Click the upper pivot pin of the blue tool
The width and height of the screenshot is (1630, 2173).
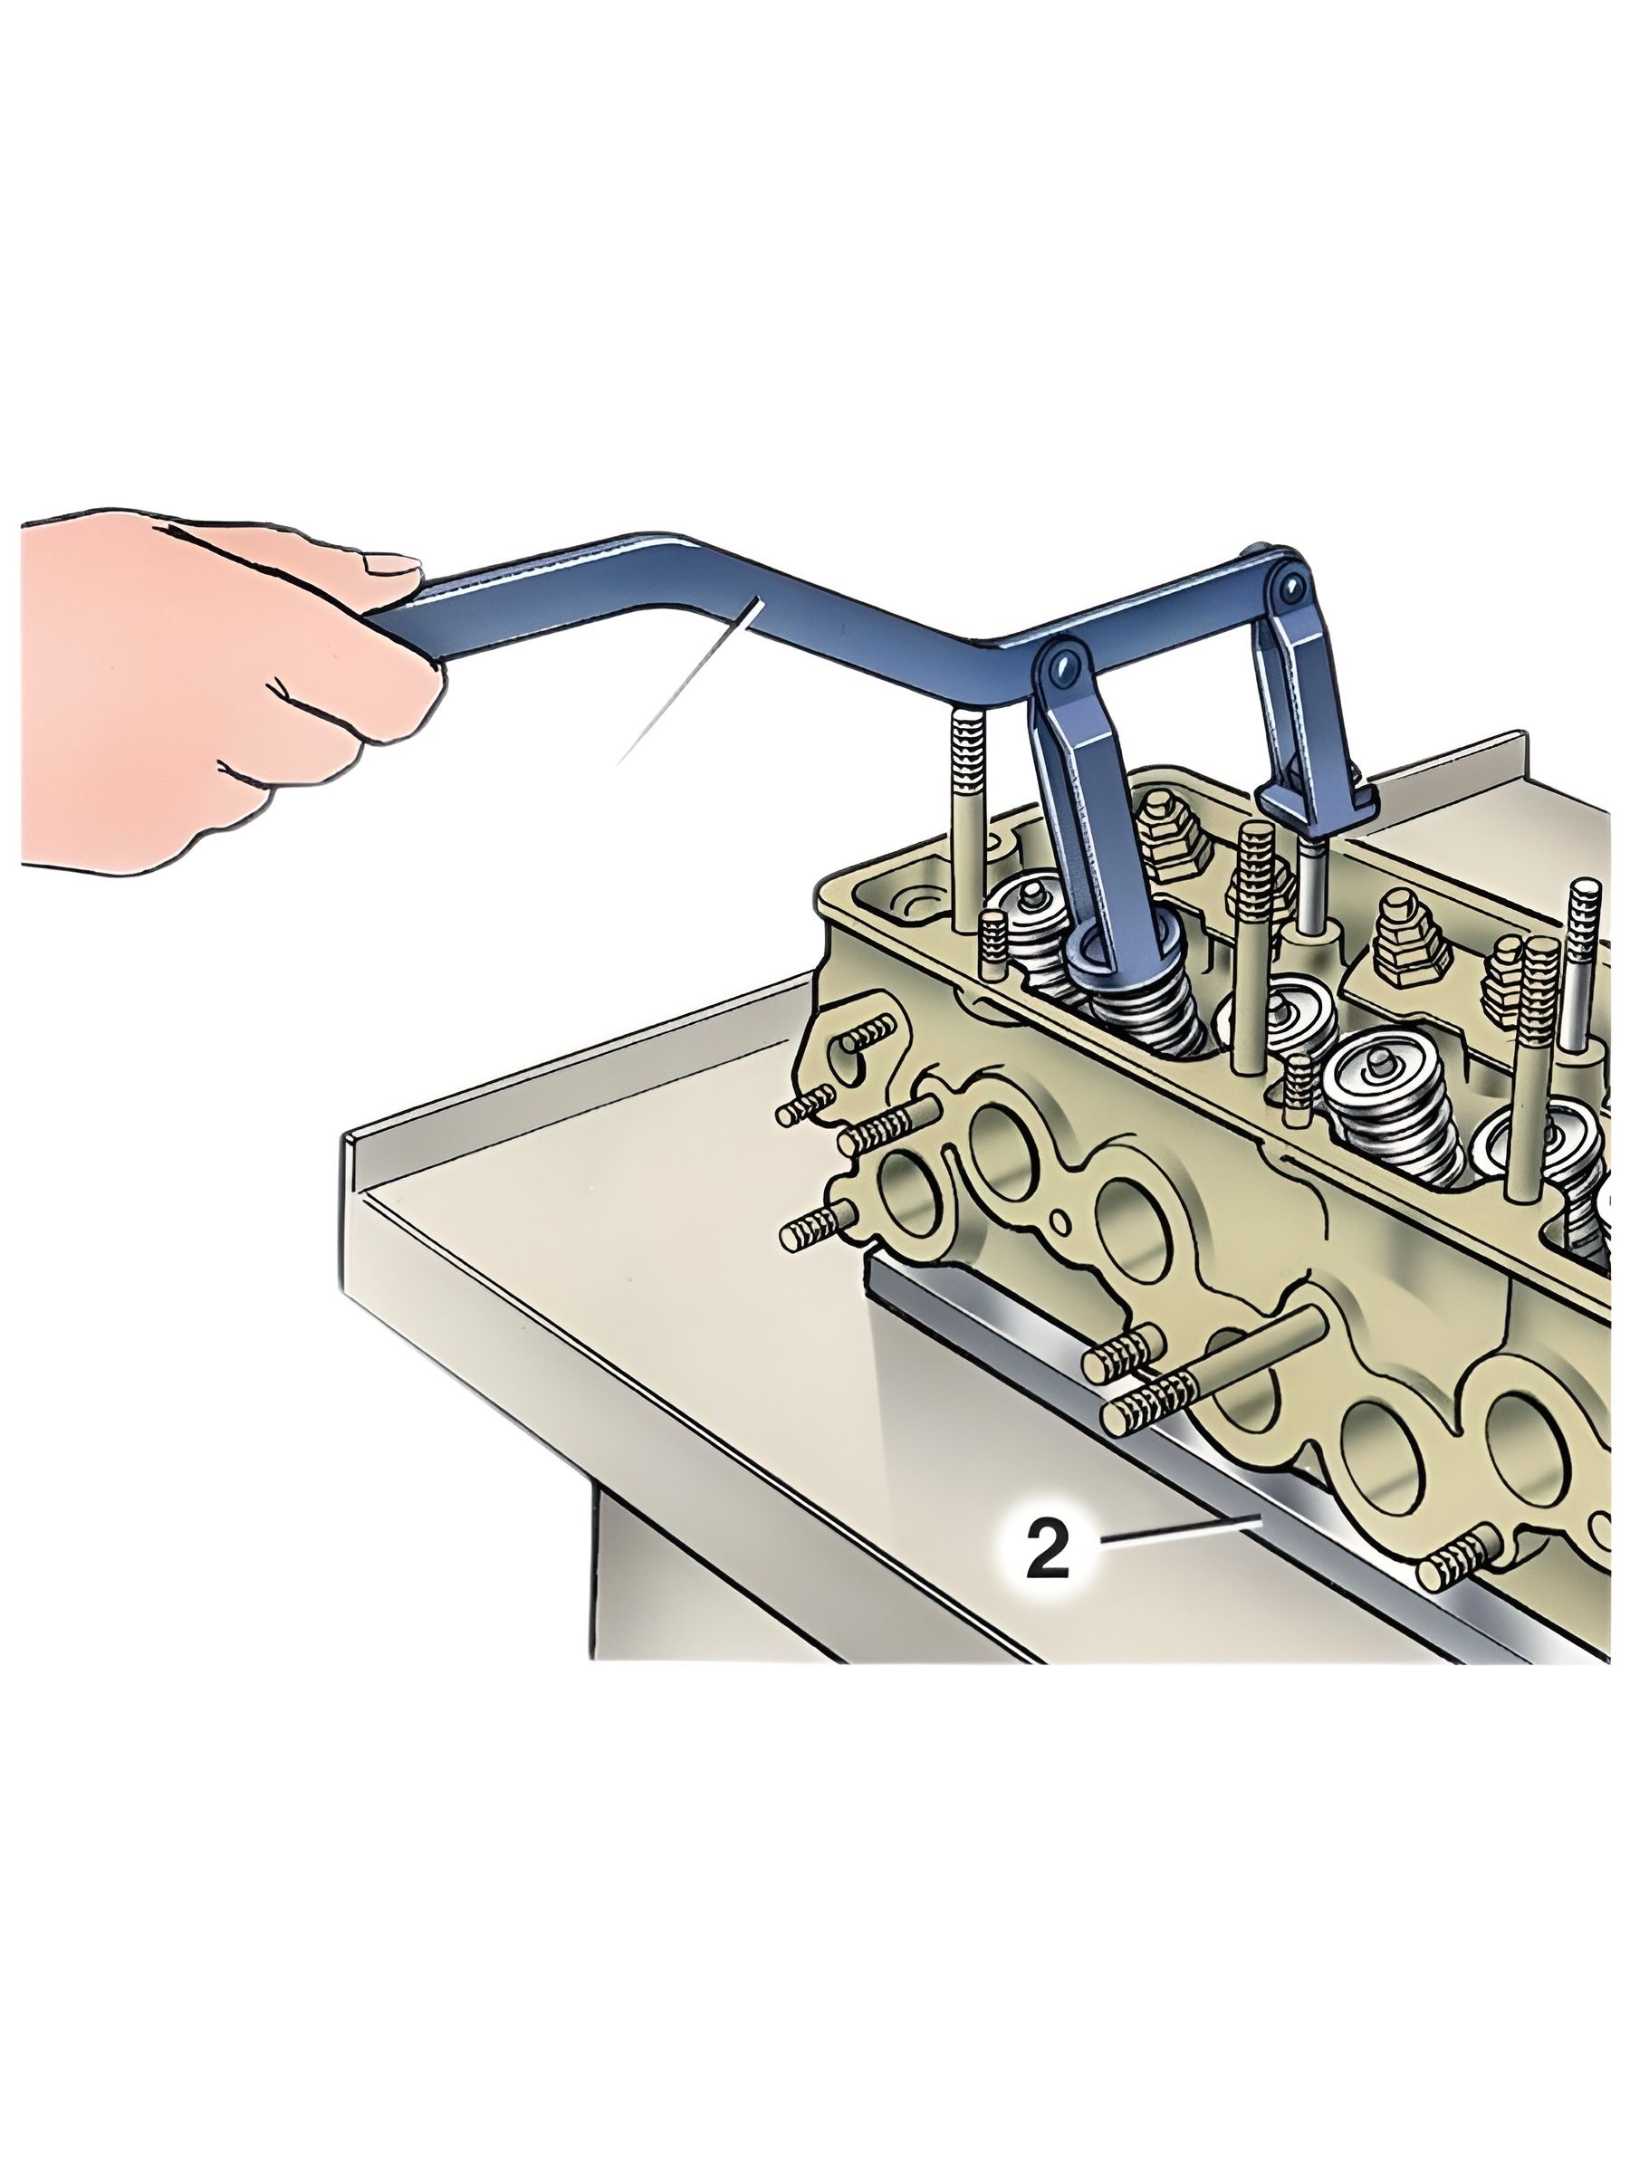coord(1283,587)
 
